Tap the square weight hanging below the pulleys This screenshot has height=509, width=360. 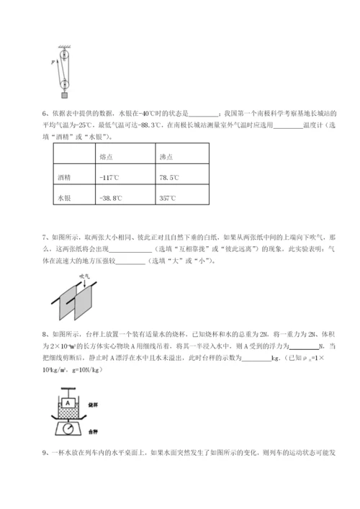(65, 93)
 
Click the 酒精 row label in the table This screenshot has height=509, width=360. (64, 176)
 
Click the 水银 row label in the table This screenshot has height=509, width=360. (64, 197)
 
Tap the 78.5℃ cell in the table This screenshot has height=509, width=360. (171, 176)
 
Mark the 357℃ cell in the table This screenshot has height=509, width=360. (168, 197)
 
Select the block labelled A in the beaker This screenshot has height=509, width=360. (66, 405)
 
